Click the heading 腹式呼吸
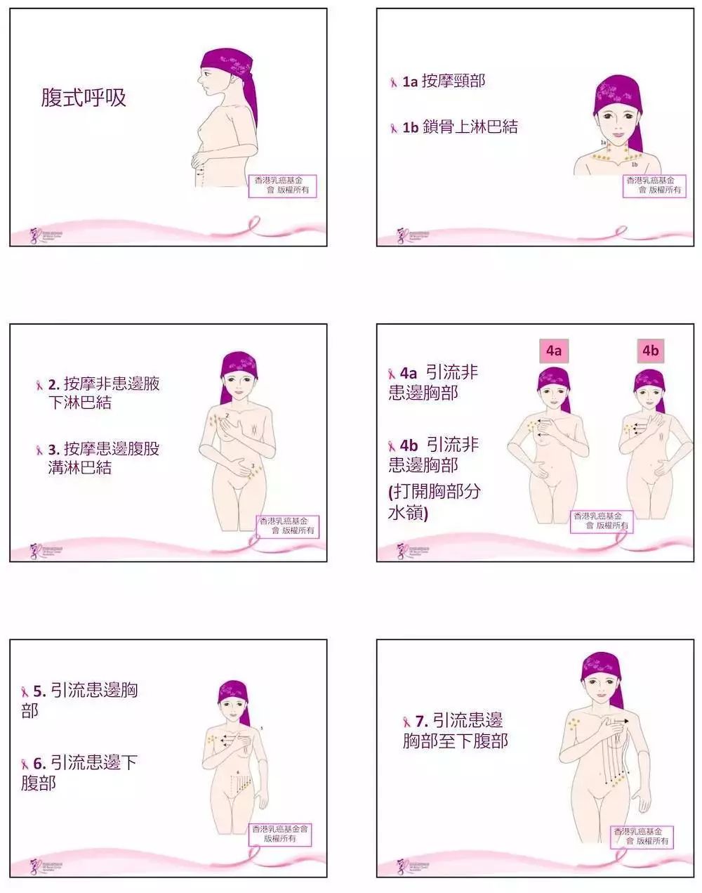[84, 98]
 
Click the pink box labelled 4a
[554, 351]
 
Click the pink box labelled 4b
[651, 351]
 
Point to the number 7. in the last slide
[421, 721]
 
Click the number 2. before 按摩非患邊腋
[53, 384]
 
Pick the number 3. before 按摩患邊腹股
[53, 449]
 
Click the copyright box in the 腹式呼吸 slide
[282, 185]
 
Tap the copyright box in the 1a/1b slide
[654, 185]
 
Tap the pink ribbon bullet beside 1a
[394, 82]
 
